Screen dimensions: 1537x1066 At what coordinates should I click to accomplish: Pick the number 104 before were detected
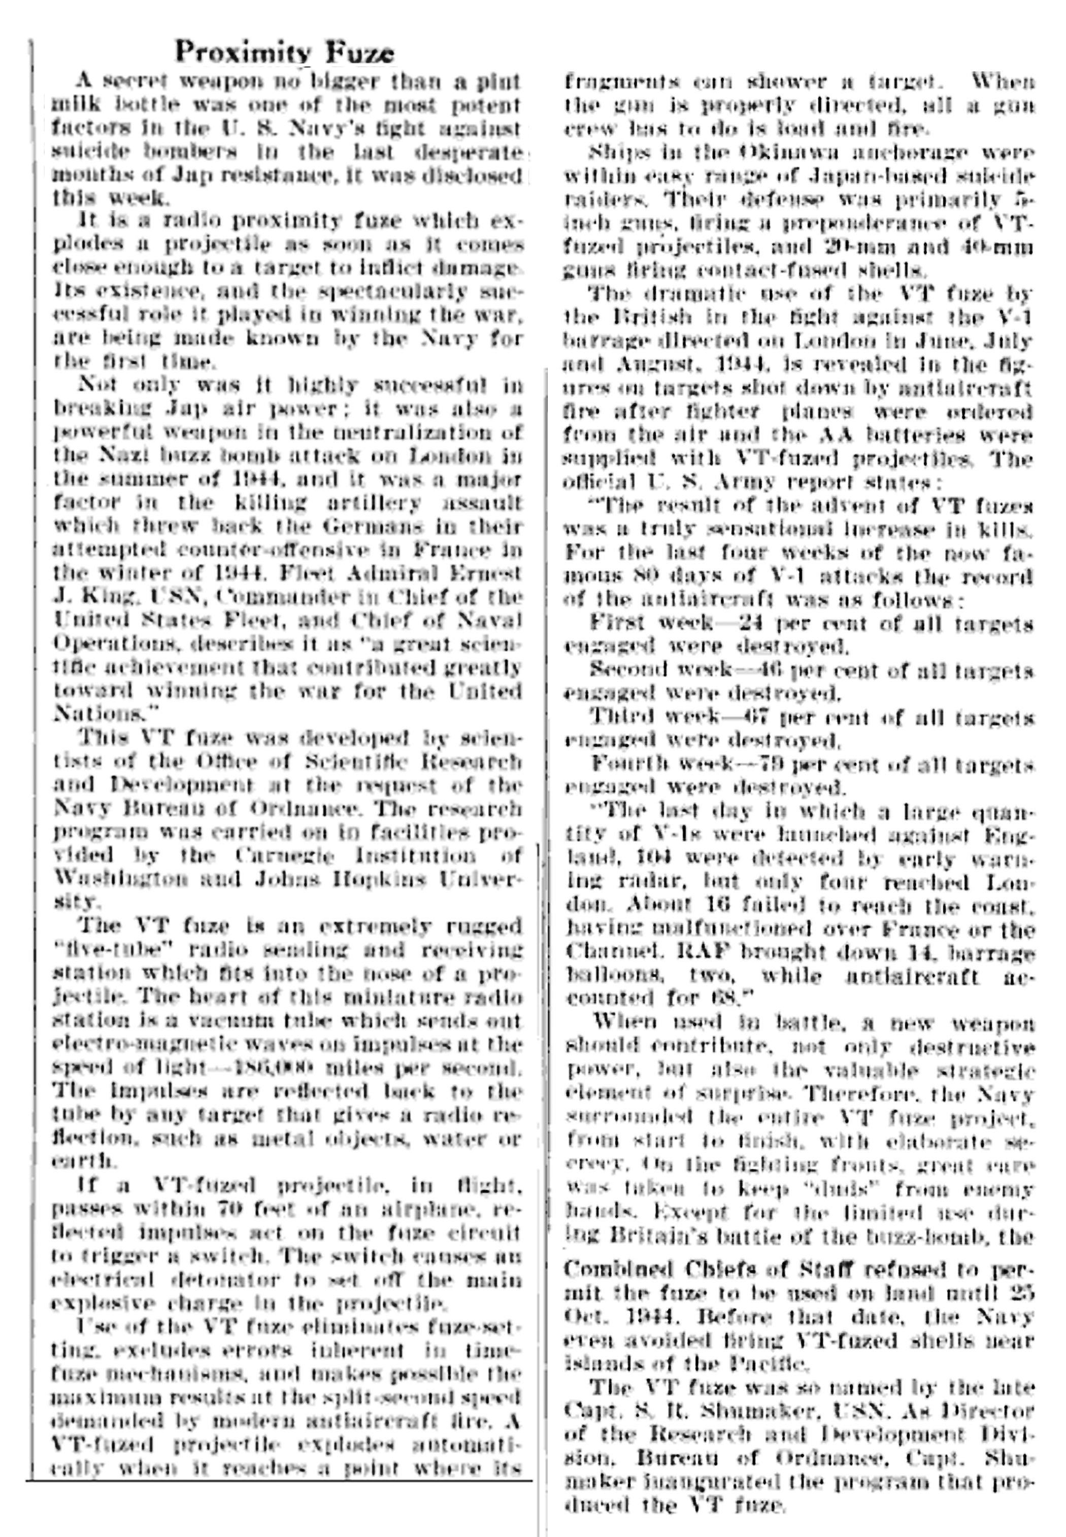649,858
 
